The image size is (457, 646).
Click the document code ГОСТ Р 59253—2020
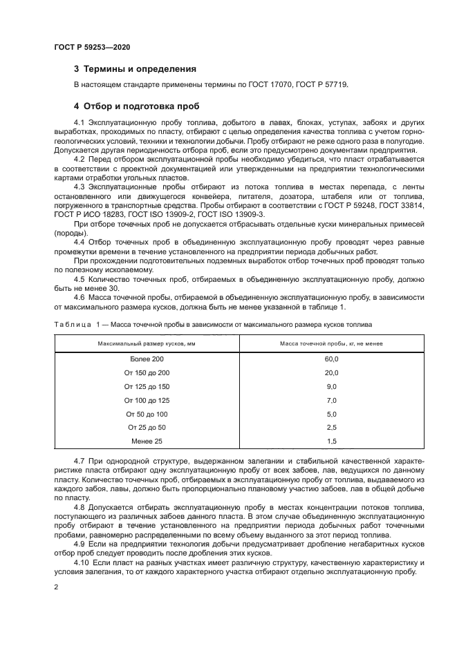[x=92, y=47]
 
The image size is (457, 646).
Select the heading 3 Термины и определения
[x=135, y=69]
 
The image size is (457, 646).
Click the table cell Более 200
[x=147, y=359]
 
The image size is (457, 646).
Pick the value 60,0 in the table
[x=331, y=359]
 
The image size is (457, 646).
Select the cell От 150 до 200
[x=147, y=373]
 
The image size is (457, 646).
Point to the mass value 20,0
[x=331, y=373]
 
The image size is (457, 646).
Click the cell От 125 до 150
[x=147, y=386]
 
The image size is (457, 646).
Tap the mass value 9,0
[x=331, y=386]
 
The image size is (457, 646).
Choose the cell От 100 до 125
[x=147, y=400]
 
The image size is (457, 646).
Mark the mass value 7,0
[x=331, y=400]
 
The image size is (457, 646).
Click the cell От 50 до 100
[x=147, y=414]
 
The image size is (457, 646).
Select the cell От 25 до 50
[x=147, y=427]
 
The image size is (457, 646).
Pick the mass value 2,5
[x=331, y=427]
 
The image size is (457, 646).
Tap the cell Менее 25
[x=147, y=441]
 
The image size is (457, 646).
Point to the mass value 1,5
[x=331, y=441]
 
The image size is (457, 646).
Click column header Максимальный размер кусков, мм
[x=147, y=343]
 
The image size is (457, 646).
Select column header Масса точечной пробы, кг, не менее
[x=331, y=343]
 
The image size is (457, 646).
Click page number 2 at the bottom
[x=56, y=587]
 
